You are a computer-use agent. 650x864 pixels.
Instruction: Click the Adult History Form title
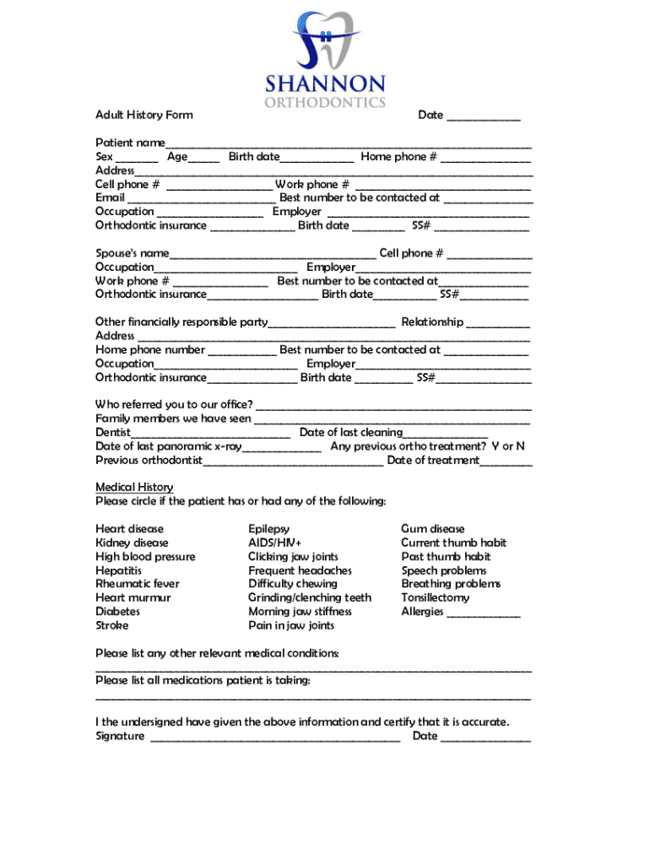pos(144,115)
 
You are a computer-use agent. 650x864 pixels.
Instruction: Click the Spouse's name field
pos(272,254)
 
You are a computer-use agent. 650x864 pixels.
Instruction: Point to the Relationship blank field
pos(498,323)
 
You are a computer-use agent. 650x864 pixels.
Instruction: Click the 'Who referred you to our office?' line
pos(393,405)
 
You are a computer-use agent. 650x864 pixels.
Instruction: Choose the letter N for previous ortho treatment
pos(520,445)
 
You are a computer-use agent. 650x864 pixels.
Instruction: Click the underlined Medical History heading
pos(134,487)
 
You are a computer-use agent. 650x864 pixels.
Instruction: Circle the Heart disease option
pos(129,529)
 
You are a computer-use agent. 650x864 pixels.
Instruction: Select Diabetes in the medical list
pos(117,612)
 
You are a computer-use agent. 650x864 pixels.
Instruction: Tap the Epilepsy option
pos(268,529)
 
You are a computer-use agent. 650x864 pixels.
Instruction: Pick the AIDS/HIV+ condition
pos(274,543)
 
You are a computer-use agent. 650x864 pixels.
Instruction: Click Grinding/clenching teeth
pos(309,597)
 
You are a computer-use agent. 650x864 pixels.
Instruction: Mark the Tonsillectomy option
pos(435,597)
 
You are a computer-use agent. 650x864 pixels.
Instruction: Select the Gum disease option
pos(432,529)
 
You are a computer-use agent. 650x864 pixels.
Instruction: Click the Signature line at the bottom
pos(274,737)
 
